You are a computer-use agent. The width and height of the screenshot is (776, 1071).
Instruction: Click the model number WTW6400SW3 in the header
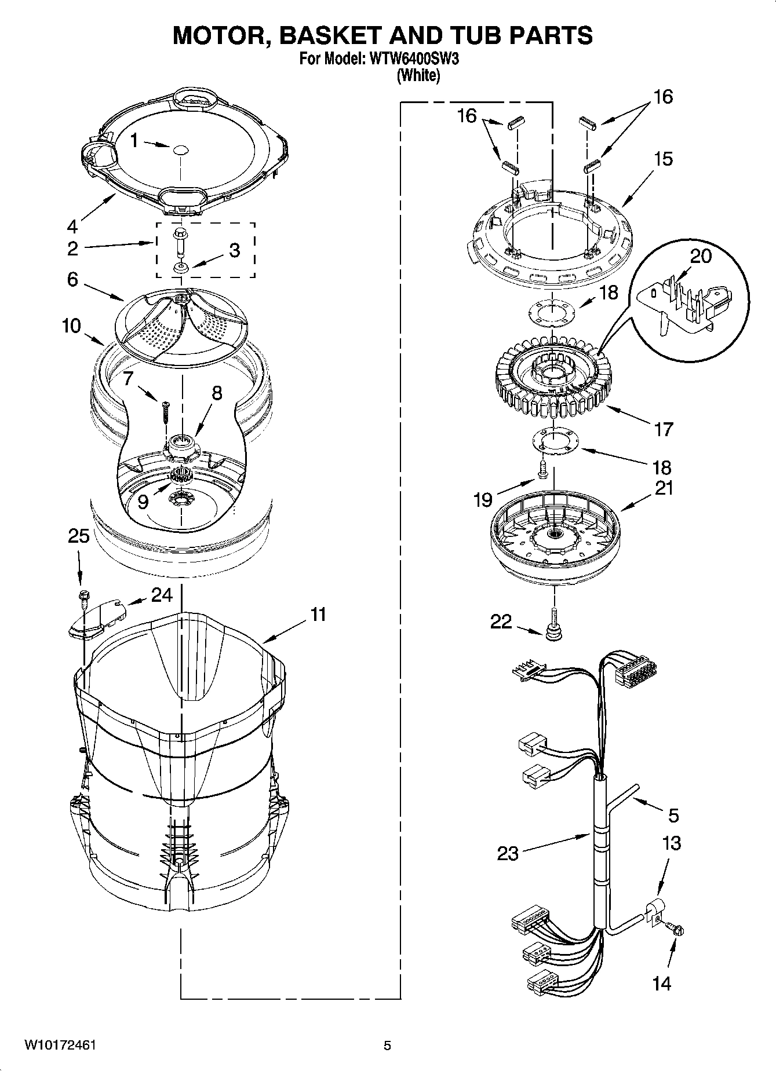pyautogui.click(x=410, y=59)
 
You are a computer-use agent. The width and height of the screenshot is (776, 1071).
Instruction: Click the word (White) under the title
pyautogui.click(x=418, y=75)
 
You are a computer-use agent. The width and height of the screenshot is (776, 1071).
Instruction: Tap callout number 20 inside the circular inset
pyautogui.click(x=701, y=255)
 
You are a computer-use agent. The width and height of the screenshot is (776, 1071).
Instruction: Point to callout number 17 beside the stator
pyautogui.click(x=664, y=429)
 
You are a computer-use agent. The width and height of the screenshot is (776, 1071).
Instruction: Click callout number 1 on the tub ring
pyautogui.click(x=134, y=141)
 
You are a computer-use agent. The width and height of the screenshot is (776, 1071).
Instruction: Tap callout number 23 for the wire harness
pyautogui.click(x=508, y=853)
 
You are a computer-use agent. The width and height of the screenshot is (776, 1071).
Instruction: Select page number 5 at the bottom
pyautogui.click(x=387, y=1046)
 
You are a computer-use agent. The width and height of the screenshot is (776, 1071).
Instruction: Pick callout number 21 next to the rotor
pyautogui.click(x=664, y=488)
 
